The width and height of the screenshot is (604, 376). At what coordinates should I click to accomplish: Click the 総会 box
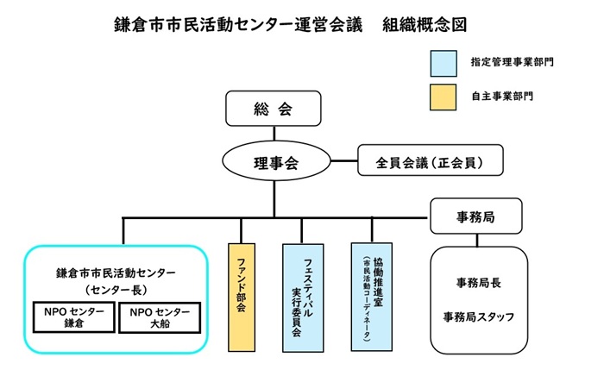click(274, 110)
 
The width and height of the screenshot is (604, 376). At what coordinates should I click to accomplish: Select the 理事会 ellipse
click(275, 161)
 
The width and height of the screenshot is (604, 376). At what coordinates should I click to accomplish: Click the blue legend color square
click(444, 62)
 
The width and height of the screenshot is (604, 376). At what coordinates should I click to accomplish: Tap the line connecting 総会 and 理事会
click(274, 133)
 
